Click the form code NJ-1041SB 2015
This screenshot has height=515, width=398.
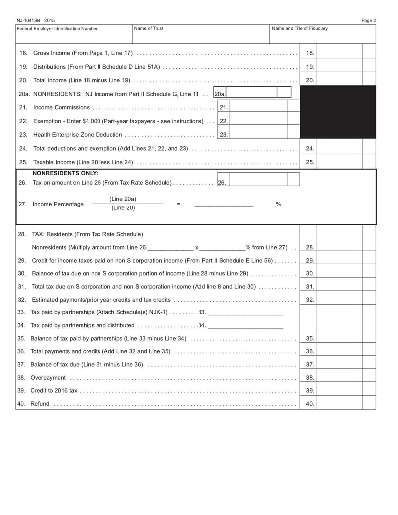(35, 20)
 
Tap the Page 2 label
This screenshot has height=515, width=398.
(368, 20)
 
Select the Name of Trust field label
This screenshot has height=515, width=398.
(149, 29)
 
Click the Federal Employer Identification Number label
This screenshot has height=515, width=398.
(57, 29)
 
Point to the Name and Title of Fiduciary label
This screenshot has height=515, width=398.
(300, 29)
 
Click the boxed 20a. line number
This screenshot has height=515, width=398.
(220, 94)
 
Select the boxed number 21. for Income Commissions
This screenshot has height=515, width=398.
(223, 107)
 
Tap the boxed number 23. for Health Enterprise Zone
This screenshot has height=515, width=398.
(223, 135)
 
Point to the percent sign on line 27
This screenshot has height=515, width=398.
(278, 204)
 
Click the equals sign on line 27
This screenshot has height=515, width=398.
(178, 204)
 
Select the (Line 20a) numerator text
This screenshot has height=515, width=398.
(123, 199)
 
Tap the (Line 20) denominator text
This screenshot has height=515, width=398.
(123, 208)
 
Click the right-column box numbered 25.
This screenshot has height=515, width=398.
(309, 162)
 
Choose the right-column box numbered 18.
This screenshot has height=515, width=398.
(309, 53)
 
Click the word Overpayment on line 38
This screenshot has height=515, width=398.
(48, 378)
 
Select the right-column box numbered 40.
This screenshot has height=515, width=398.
(309, 404)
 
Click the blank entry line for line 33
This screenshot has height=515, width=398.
(245, 313)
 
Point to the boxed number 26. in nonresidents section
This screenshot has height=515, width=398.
(222, 183)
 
